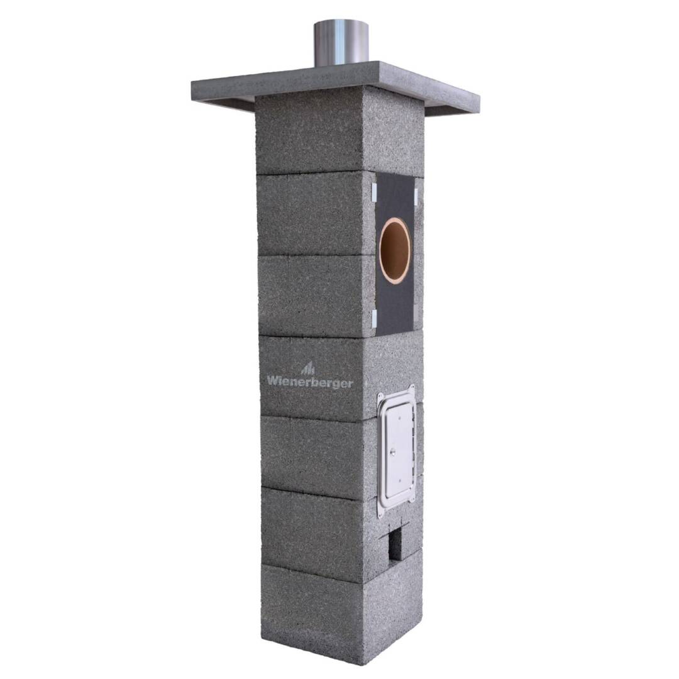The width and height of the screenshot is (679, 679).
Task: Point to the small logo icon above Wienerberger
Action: click(x=308, y=368)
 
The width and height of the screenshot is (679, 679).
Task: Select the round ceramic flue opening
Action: click(x=395, y=251)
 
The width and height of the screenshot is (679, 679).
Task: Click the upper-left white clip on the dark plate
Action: click(x=373, y=189)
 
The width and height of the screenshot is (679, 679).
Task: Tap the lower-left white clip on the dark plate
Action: click(x=373, y=318)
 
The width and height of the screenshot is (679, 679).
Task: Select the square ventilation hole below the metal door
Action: click(x=395, y=544)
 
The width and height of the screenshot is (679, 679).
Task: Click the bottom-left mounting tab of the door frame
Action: click(x=380, y=512)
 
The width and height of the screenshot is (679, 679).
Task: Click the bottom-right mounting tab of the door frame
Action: click(x=413, y=500)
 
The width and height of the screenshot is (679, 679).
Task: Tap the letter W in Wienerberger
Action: click(x=272, y=380)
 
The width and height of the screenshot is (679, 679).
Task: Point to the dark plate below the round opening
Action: click(x=394, y=308)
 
